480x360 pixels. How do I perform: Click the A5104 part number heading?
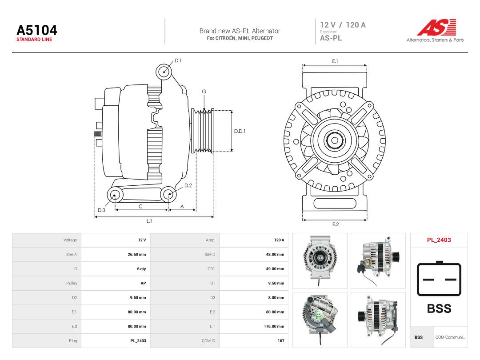click(x=37, y=30)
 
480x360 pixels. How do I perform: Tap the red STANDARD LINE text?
click(x=34, y=40)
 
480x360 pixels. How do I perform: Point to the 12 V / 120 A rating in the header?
click(x=343, y=25)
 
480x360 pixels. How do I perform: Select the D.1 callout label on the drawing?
click(x=178, y=60)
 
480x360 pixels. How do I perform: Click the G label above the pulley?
click(x=204, y=92)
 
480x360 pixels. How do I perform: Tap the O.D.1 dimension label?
click(x=240, y=131)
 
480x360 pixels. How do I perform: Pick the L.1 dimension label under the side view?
click(x=149, y=221)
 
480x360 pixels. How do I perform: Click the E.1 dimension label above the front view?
click(x=335, y=61)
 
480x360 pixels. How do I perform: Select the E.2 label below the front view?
click(x=336, y=224)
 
